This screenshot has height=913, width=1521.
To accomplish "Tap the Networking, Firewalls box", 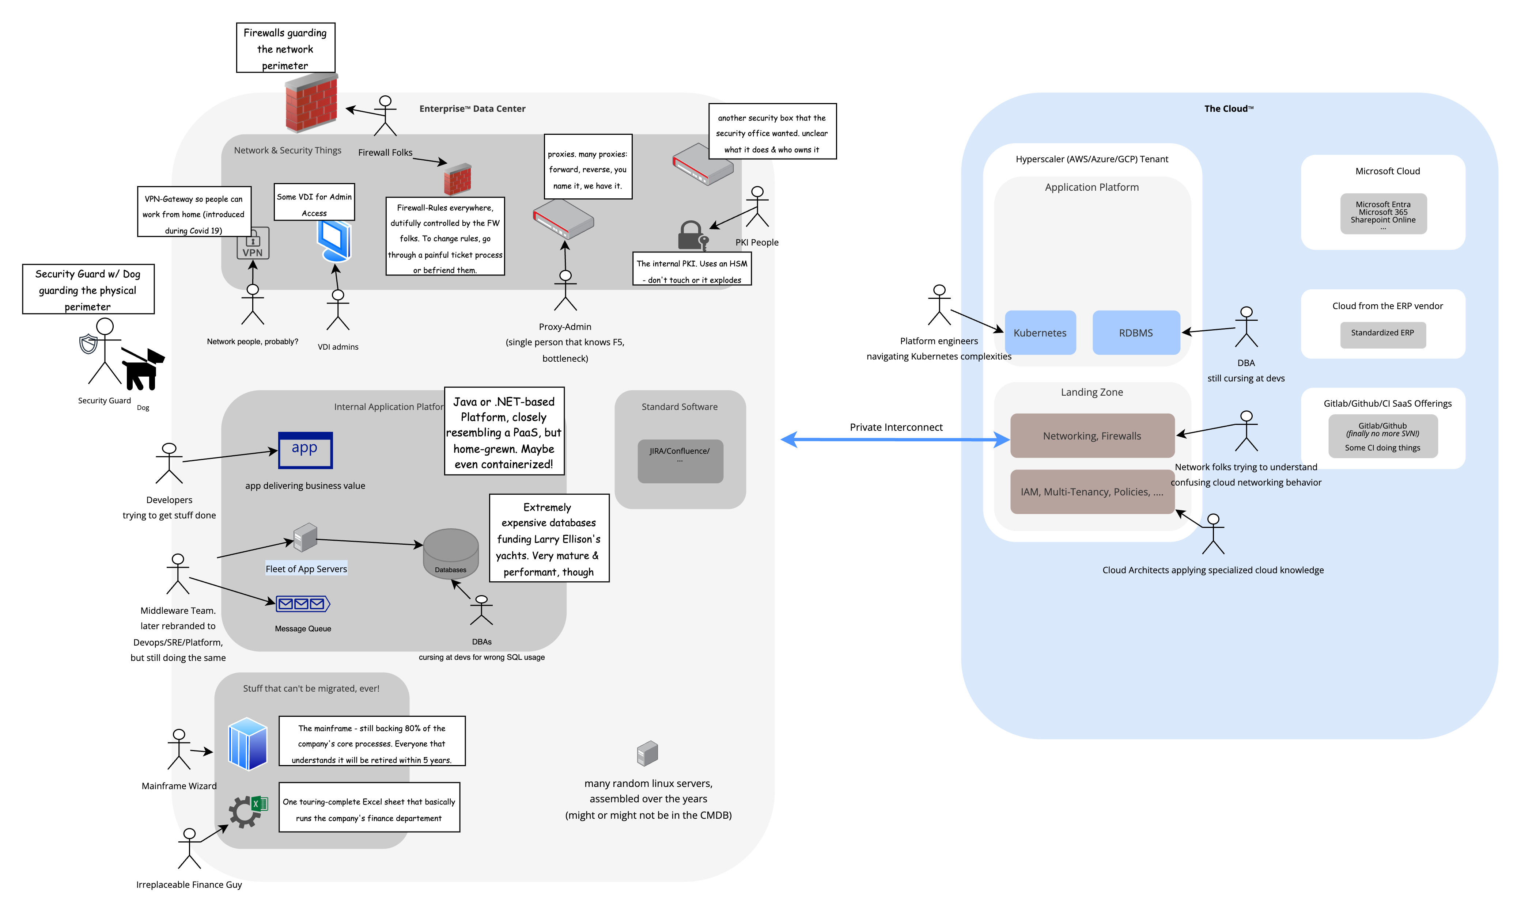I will pyautogui.click(x=1092, y=435).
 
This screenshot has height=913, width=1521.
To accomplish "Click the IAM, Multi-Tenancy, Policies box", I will pyautogui.click(x=1092, y=491).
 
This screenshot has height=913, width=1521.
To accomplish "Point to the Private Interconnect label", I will pyautogui.click(x=896, y=427).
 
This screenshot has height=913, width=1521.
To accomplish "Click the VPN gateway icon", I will pyautogui.click(x=253, y=244).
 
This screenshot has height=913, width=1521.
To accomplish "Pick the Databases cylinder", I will pyautogui.click(x=451, y=552).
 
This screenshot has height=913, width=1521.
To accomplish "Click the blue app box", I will pyautogui.click(x=305, y=450).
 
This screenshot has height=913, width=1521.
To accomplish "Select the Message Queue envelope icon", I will pyautogui.click(x=302, y=604).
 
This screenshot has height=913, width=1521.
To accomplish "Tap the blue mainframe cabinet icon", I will pyautogui.click(x=247, y=744).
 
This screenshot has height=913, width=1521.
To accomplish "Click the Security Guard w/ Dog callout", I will pyautogui.click(x=88, y=289).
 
